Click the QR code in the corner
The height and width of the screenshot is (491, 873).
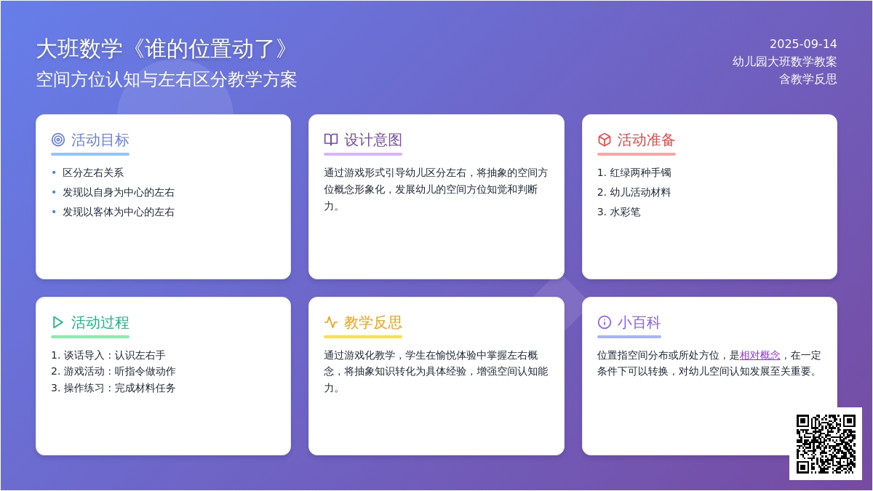tap(826, 444)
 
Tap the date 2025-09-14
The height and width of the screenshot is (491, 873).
tap(803, 44)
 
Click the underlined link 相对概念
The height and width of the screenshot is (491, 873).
tap(760, 355)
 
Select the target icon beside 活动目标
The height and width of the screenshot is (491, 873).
tap(58, 140)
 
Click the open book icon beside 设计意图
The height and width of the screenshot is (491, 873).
tap(331, 140)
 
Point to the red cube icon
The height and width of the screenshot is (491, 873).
tap(604, 140)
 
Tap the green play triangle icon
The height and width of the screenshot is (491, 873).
tap(57, 322)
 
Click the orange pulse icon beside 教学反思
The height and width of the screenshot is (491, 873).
tap(331, 322)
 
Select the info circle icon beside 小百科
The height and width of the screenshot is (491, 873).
tap(604, 322)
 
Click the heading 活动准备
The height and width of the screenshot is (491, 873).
tap(646, 140)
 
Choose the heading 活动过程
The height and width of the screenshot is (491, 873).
tap(100, 323)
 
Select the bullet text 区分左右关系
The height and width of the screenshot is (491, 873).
tap(93, 172)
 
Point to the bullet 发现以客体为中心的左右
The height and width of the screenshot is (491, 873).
tap(119, 212)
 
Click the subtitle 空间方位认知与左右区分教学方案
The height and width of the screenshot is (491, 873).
tap(167, 79)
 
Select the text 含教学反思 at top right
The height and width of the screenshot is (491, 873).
tap(808, 79)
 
